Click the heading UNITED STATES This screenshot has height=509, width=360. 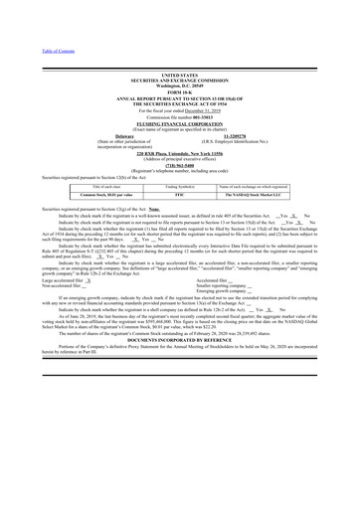click(x=179, y=75)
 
